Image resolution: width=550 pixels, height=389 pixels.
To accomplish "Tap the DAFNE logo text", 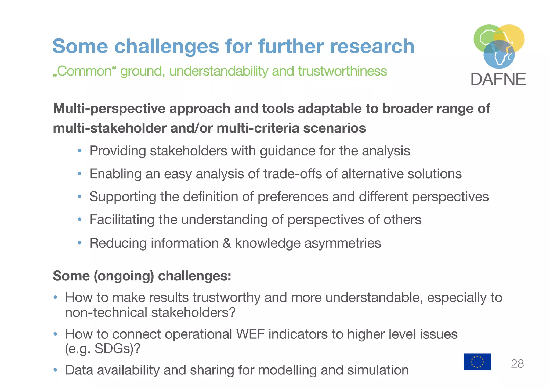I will pyautogui.click(x=498, y=80).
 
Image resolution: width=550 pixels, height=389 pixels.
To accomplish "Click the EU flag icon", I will pyautogui.click(x=477, y=362).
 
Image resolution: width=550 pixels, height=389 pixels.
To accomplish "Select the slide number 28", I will pyautogui.click(x=517, y=364).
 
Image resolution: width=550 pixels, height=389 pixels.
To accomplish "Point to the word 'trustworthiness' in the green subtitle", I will pyautogui.click(x=342, y=71).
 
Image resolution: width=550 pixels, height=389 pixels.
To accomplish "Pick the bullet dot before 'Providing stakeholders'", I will pyautogui.click(x=79, y=151).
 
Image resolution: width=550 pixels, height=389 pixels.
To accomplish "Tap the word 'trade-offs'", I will pyautogui.click(x=292, y=174).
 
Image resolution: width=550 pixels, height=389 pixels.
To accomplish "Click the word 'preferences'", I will pyautogui.click(x=293, y=197).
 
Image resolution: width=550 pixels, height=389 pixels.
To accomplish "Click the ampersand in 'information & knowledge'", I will pyautogui.click(x=227, y=243).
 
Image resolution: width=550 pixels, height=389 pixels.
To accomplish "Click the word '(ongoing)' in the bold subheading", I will pyautogui.click(x=124, y=276).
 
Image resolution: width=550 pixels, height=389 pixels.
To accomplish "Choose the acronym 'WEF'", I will pyautogui.click(x=250, y=334).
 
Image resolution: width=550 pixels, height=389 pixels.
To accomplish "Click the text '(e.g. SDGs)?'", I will pyautogui.click(x=103, y=349).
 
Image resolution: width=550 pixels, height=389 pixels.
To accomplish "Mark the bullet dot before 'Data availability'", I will pyautogui.click(x=55, y=370).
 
